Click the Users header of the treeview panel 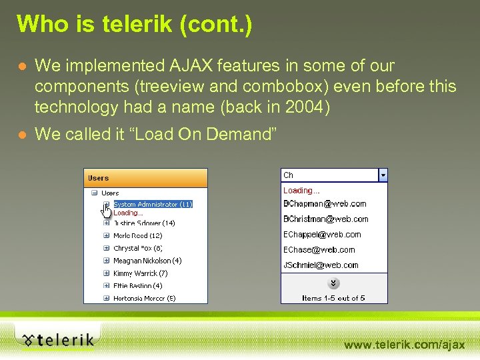click(99, 178)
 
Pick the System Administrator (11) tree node click(153, 204)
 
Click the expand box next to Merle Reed click(106, 235)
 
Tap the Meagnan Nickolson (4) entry click(147, 261)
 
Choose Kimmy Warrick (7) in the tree click(140, 273)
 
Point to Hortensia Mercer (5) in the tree click(144, 298)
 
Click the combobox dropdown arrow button click(383, 175)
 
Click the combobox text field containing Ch click(329, 175)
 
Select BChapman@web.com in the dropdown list click(325, 203)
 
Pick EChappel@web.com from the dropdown click(322, 234)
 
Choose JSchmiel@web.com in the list click(321, 265)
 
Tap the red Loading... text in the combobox click(301, 190)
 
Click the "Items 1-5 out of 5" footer click(333, 298)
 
